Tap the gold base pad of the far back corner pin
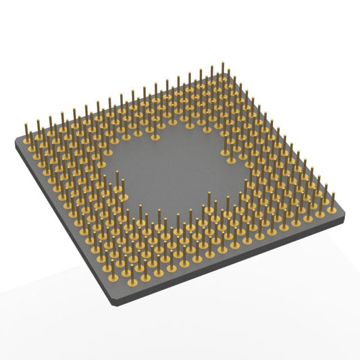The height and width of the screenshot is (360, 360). (x=224, y=82)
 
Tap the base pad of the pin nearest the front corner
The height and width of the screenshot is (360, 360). (x=113, y=278)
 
